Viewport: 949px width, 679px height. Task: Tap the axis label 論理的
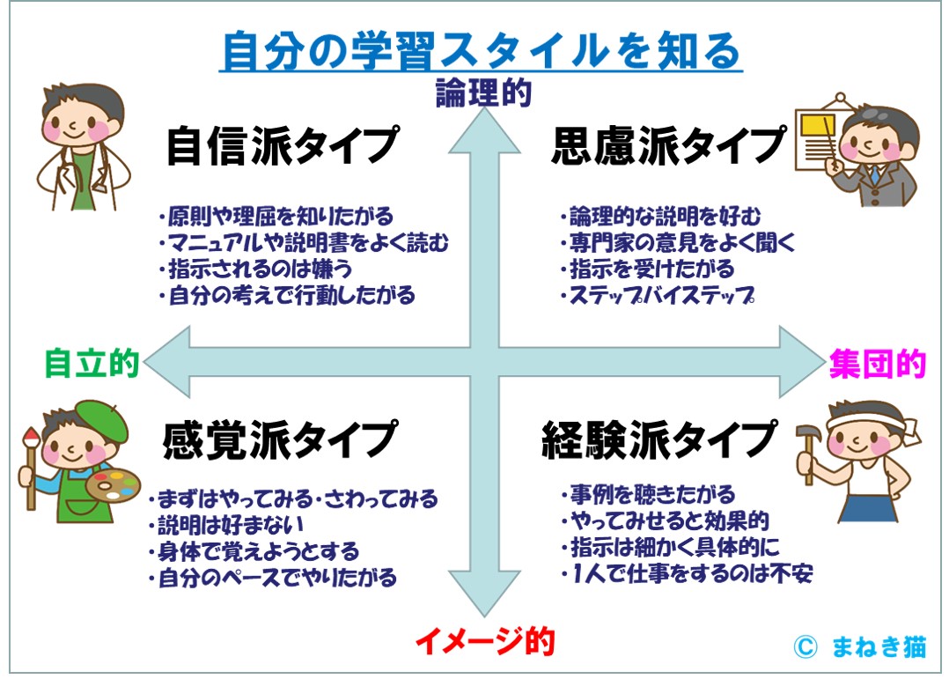coord(483,92)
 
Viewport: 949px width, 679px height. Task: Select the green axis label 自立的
coord(92,362)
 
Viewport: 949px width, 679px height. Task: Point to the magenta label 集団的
coord(877,363)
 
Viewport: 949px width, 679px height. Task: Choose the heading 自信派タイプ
coord(282,145)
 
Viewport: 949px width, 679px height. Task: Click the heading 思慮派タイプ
coord(667,145)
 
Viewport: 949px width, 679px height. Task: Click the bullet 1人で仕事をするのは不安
coord(686,574)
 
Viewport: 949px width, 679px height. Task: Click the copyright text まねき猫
coord(877,647)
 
